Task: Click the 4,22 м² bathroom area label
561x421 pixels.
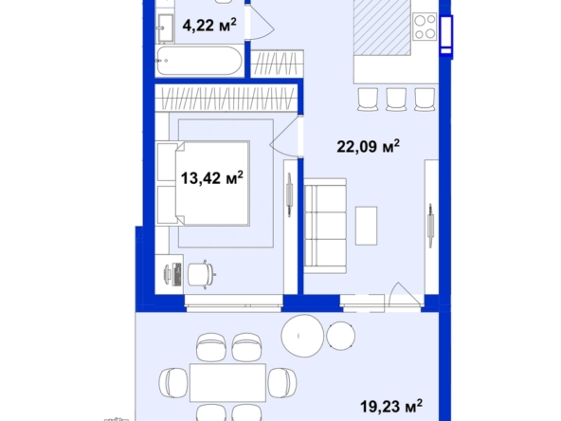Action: (209, 25)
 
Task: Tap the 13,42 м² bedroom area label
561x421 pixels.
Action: (212, 177)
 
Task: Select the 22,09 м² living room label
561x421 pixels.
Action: (368, 146)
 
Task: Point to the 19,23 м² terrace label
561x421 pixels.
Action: (391, 406)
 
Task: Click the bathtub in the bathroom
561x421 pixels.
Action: (200, 61)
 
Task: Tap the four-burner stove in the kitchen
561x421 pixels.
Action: (425, 27)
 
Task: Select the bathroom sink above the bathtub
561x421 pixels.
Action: (165, 27)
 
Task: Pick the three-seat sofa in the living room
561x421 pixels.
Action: (325, 226)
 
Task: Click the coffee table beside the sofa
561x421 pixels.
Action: (366, 226)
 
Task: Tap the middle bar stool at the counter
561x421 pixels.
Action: (396, 100)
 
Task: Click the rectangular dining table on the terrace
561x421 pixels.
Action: (227, 382)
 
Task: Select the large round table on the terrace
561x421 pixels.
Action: (302, 336)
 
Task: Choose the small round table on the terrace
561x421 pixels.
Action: (341, 336)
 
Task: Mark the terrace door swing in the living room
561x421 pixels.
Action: (406, 295)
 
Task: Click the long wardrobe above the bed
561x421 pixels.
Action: (226, 98)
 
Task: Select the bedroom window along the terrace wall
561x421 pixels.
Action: (234, 302)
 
